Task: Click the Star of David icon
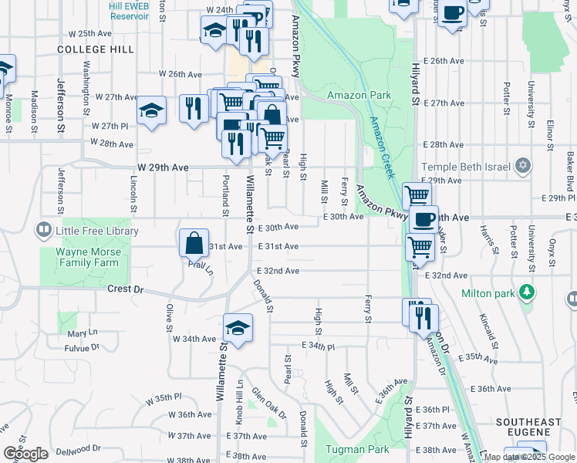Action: tap(524, 165)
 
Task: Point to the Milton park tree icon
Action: tap(528, 292)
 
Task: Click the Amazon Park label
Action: tap(359, 96)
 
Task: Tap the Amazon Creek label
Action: tap(381, 144)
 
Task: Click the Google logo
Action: tap(25, 454)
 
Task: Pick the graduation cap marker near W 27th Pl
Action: tap(151, 110)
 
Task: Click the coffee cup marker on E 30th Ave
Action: tap(423, 218)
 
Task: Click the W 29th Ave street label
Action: tap(161, 167)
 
